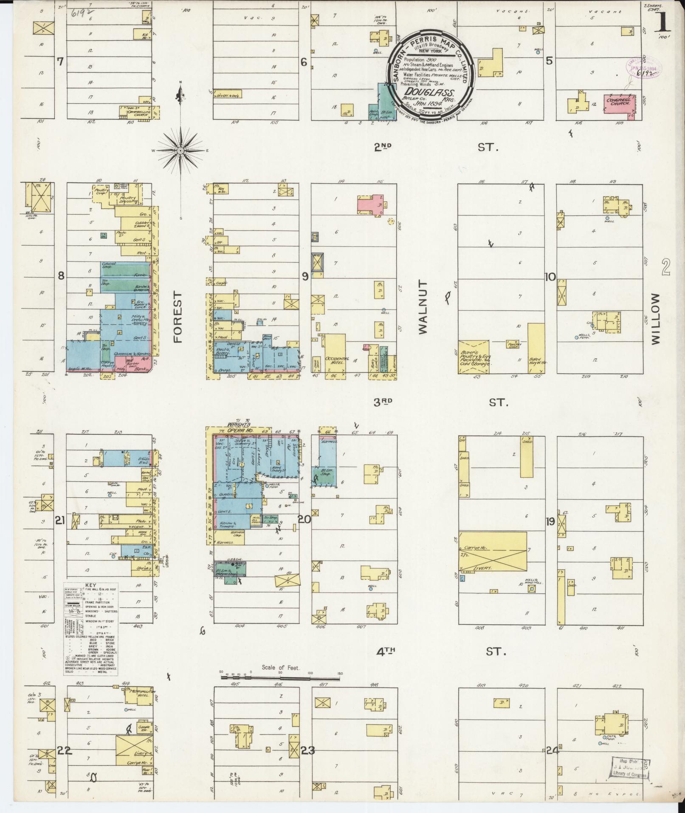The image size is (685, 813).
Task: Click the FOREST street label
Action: point(177,317)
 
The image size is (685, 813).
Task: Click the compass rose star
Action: point(180,150)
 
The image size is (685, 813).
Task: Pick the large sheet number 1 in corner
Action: point(663,21)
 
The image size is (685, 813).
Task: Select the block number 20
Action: point(304,519)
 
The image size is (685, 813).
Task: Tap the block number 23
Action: point(307,751)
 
